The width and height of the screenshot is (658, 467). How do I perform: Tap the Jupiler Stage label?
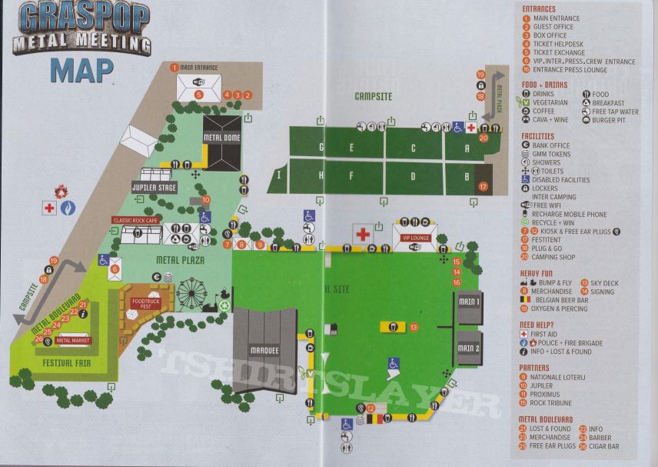coord(155,187)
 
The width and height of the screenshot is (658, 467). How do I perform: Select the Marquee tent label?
coord(264,351)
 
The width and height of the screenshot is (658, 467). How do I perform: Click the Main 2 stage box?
coord(468,349)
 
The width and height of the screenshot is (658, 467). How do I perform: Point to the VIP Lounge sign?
coord(416,238)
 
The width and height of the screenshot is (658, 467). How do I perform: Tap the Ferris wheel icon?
coord(191,293)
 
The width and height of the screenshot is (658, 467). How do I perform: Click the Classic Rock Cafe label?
coord(136,220)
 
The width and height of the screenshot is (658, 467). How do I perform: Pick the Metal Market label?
coord(73,340)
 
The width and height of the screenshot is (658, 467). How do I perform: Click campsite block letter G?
coord(321,147)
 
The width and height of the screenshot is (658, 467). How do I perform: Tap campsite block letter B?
coord(467,177)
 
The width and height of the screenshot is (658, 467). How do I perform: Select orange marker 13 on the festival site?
coord(414,327)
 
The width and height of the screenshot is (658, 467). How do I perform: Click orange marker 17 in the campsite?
coord(483,186)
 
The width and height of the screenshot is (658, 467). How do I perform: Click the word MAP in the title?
coord(81,69)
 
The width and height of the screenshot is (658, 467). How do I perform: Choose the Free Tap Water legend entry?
coord(615,112)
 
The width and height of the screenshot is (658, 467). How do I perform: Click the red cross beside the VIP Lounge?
coord(363,233)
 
